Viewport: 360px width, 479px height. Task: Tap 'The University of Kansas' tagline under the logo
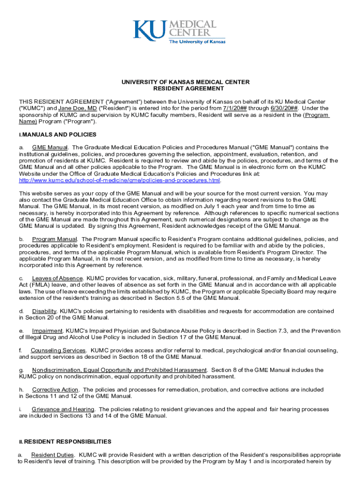(197, 42)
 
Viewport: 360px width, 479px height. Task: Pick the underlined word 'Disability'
(44, 311)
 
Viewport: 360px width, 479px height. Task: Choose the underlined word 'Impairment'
(47, 331)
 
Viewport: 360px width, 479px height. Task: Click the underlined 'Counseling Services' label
(58, 350)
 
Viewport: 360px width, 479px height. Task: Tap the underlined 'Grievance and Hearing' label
(63, 409)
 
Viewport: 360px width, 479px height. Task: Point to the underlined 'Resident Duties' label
(52, 455)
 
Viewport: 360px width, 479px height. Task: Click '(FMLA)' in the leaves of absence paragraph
(29, 285)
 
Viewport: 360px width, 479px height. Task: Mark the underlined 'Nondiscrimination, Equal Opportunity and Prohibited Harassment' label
(119, 370)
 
